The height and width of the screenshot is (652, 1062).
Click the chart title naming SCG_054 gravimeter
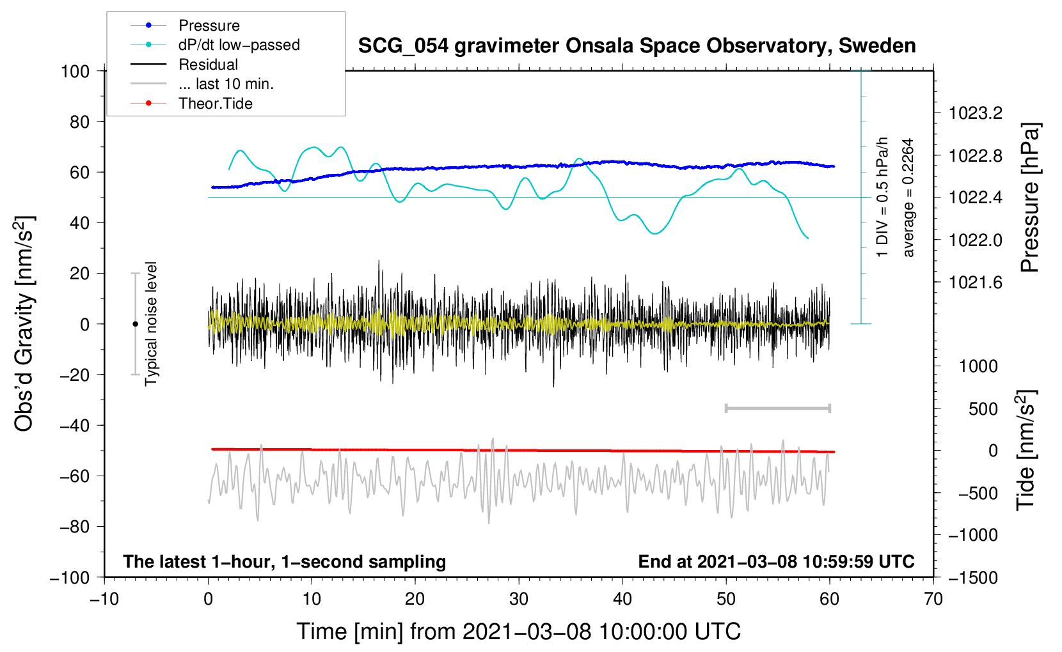point(637,47)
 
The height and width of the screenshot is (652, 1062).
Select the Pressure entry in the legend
point(209,26)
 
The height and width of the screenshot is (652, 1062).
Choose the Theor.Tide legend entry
point(215,104)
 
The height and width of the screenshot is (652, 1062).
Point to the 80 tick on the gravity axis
point(79,122)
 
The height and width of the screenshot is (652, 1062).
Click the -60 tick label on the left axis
point(74,476)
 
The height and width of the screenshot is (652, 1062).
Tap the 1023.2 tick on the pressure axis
point(975,113)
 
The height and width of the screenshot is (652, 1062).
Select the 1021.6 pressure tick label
point(975,283)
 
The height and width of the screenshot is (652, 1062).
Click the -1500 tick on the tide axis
point(973,578)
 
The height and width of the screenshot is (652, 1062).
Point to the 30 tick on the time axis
point(519,600)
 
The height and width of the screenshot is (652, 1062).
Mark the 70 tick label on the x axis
point(933,600)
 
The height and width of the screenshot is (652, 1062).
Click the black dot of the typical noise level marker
point(135,324)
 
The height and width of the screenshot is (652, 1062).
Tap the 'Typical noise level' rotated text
point(150,323)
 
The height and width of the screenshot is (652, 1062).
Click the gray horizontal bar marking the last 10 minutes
point(777,408)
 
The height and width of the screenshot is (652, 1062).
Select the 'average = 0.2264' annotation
point(908,198)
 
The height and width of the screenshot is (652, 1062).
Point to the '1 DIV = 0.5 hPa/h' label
point(882,198)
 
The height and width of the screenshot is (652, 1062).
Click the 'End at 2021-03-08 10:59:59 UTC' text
point(776,561)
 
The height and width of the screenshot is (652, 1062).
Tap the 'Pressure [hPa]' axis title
point(1029,198)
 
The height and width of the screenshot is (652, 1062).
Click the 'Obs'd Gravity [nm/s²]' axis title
point(24,323)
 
